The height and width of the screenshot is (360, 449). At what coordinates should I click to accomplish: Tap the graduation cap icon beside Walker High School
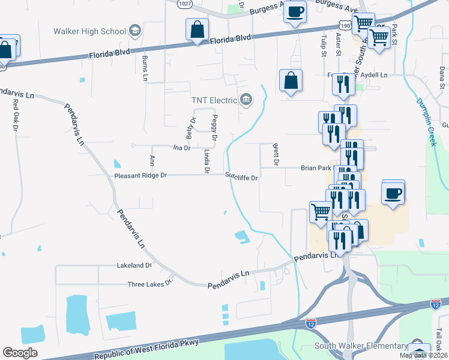[x=136, y=31]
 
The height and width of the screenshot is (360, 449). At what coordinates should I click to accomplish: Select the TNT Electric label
[x=214, y=100]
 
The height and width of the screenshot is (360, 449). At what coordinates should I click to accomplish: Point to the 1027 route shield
[x=185, y=4]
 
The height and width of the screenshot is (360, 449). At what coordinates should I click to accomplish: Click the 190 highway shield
[x=344, y=25]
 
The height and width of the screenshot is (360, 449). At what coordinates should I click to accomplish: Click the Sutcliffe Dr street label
[x=241, y=178]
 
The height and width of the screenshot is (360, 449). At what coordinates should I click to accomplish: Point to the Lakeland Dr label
[x=134, y=265]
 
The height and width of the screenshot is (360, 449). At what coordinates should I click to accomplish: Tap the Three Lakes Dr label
[x=150, y=284]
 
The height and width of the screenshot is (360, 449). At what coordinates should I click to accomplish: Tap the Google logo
[x=20, y=353]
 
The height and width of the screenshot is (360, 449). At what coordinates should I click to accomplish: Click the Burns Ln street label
[x=145, y=67]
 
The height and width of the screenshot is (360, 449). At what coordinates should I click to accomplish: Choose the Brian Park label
[x=316, y=169]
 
